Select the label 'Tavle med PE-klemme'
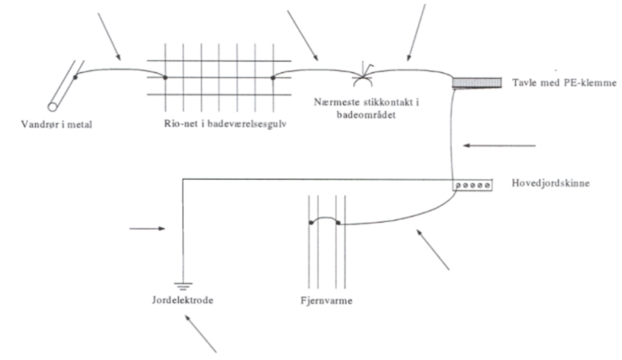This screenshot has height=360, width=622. click(564, 83)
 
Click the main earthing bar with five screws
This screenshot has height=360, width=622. click(472, 185)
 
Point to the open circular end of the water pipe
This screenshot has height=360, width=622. click(52, 106)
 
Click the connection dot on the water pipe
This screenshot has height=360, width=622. click(75, 77)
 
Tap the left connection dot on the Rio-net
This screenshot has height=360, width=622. click(165, 77)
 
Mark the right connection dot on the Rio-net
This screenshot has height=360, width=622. click(273, 77)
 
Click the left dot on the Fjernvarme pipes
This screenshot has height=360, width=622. click(311, 223)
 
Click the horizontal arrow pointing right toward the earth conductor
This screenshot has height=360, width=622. click(147, 229)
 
